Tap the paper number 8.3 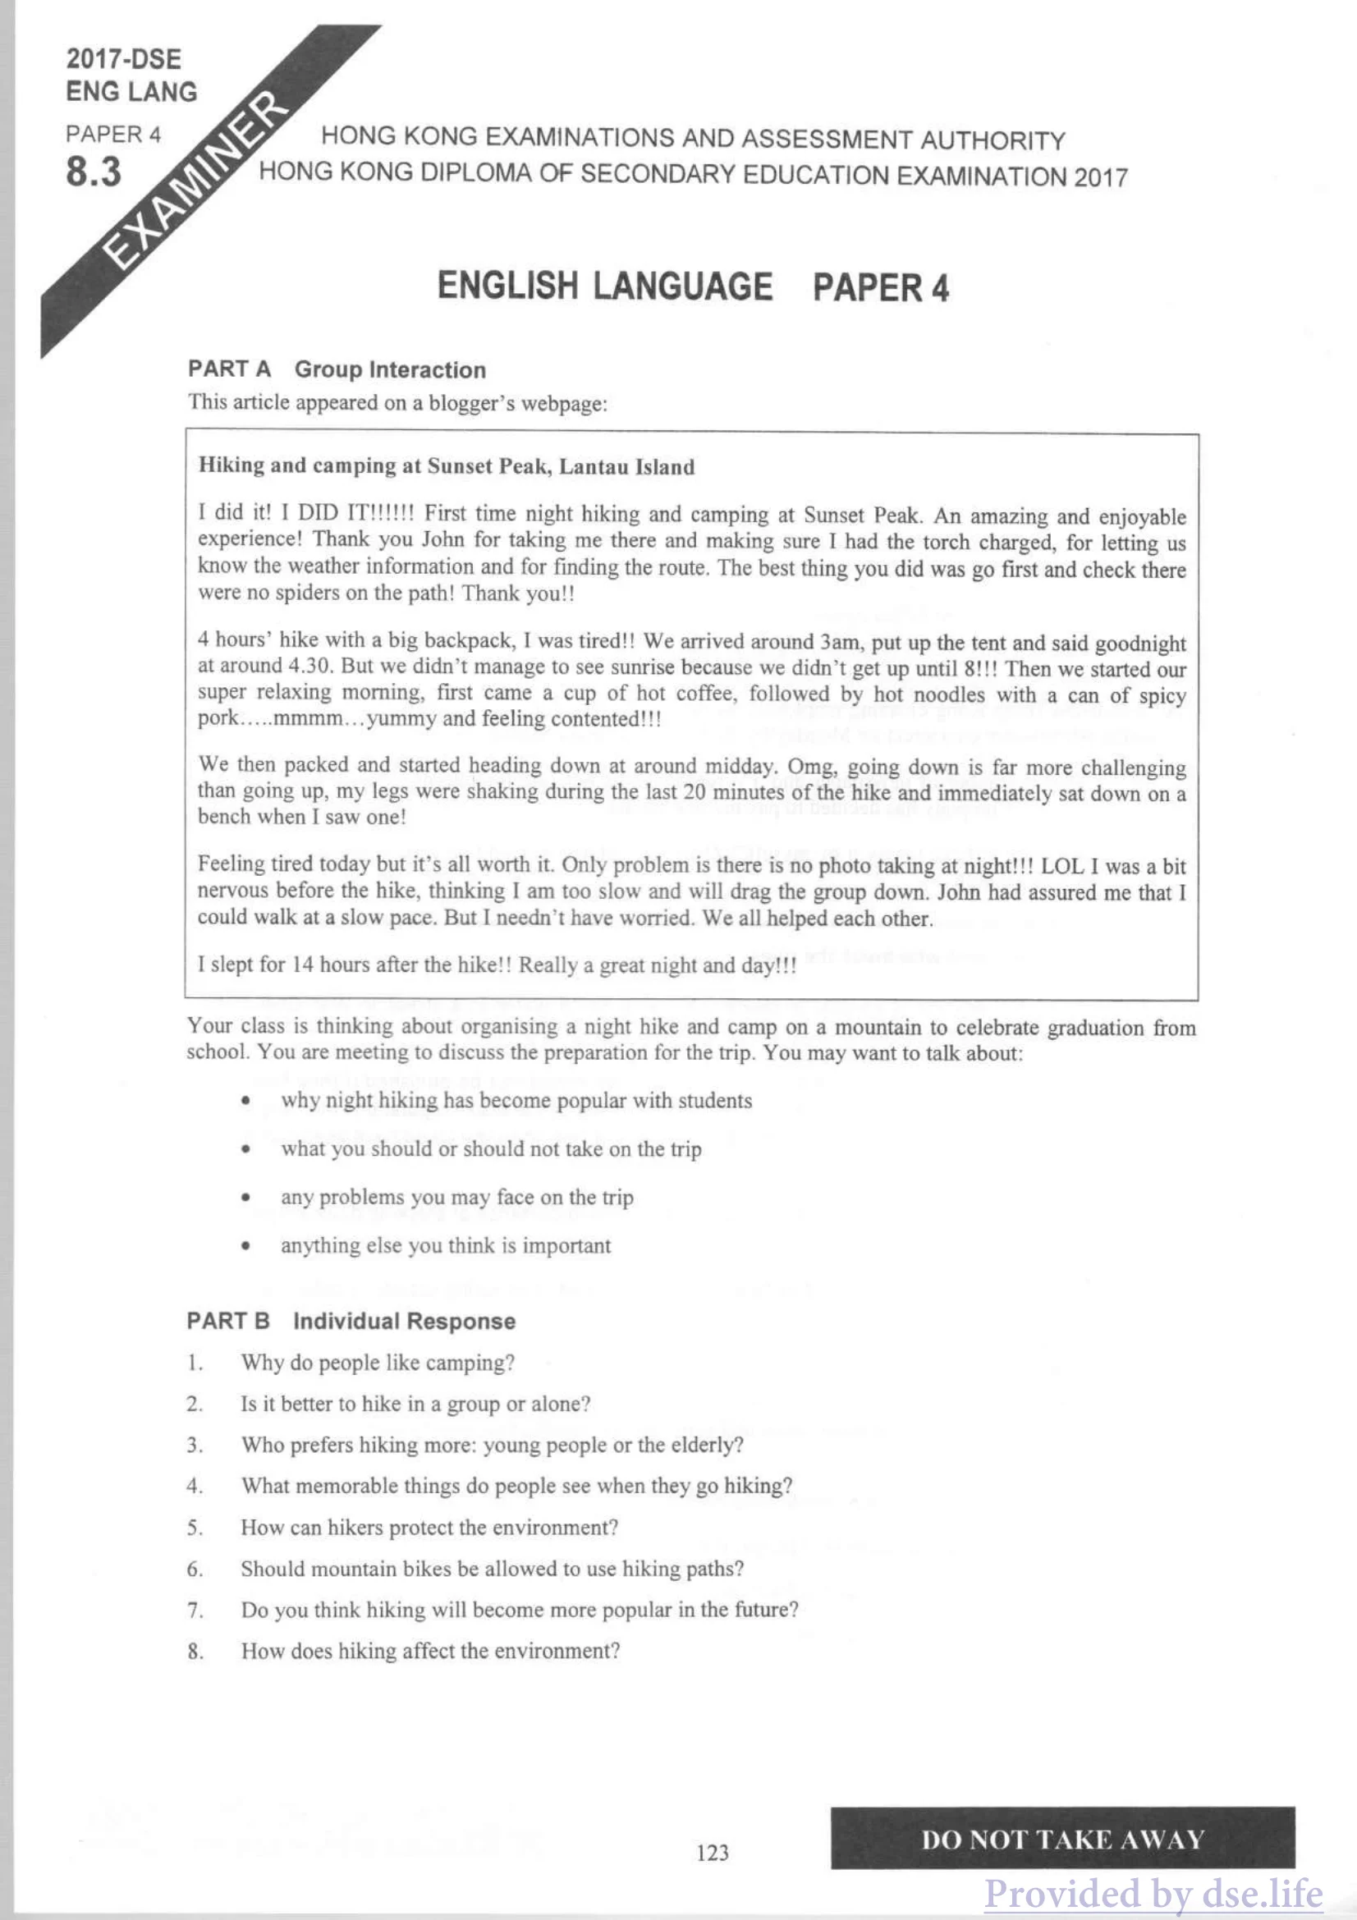tap(93, 172)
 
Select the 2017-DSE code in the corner tap(123, 58)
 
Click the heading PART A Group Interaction tap(336, 369)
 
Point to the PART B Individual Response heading tap(351, 1322)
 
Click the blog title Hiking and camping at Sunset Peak tap(446, 465)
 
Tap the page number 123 tap(713, 1852)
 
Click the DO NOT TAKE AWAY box tap(1061, 1839)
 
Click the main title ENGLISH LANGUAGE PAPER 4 tap(693, 286)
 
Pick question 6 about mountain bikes tap(492, 1569)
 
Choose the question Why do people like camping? tap(378, 1363)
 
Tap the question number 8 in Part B tap(194, 1652)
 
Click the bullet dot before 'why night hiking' tap(245, 1102)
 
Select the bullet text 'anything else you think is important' tap(446, 1246)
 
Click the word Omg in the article tap(805, 766)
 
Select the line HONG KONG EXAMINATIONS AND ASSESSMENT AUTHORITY tap(693, 138)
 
